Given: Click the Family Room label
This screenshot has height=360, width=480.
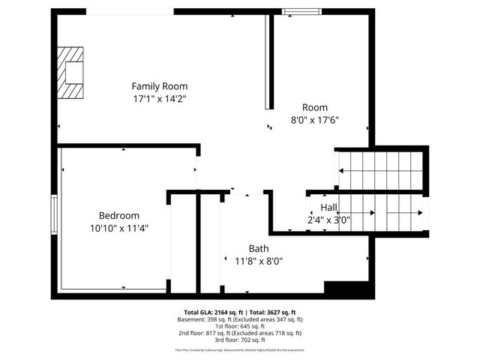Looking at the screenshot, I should pos(159,86).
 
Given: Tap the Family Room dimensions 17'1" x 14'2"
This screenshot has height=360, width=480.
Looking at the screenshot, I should pos(159,98).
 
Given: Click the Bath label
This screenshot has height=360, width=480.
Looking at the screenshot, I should pos(259,248).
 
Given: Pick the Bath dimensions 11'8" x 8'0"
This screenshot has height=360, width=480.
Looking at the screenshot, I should pos(253,261).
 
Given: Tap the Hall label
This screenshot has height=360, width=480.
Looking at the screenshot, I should pos(328,207).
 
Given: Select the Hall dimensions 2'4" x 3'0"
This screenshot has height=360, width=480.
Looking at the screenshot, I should pos(328,220).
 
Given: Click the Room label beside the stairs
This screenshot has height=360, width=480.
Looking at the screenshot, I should pos(315,107).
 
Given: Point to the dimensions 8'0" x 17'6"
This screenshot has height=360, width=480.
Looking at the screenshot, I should pos(315,119).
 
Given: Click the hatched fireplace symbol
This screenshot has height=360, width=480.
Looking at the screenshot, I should pos(72,73).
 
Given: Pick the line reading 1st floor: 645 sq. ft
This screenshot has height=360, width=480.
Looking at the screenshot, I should pos(240,327).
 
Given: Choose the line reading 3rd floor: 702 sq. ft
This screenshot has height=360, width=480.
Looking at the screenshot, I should pos(240,340).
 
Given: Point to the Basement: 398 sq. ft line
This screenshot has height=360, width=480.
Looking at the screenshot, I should pos(240,319).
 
